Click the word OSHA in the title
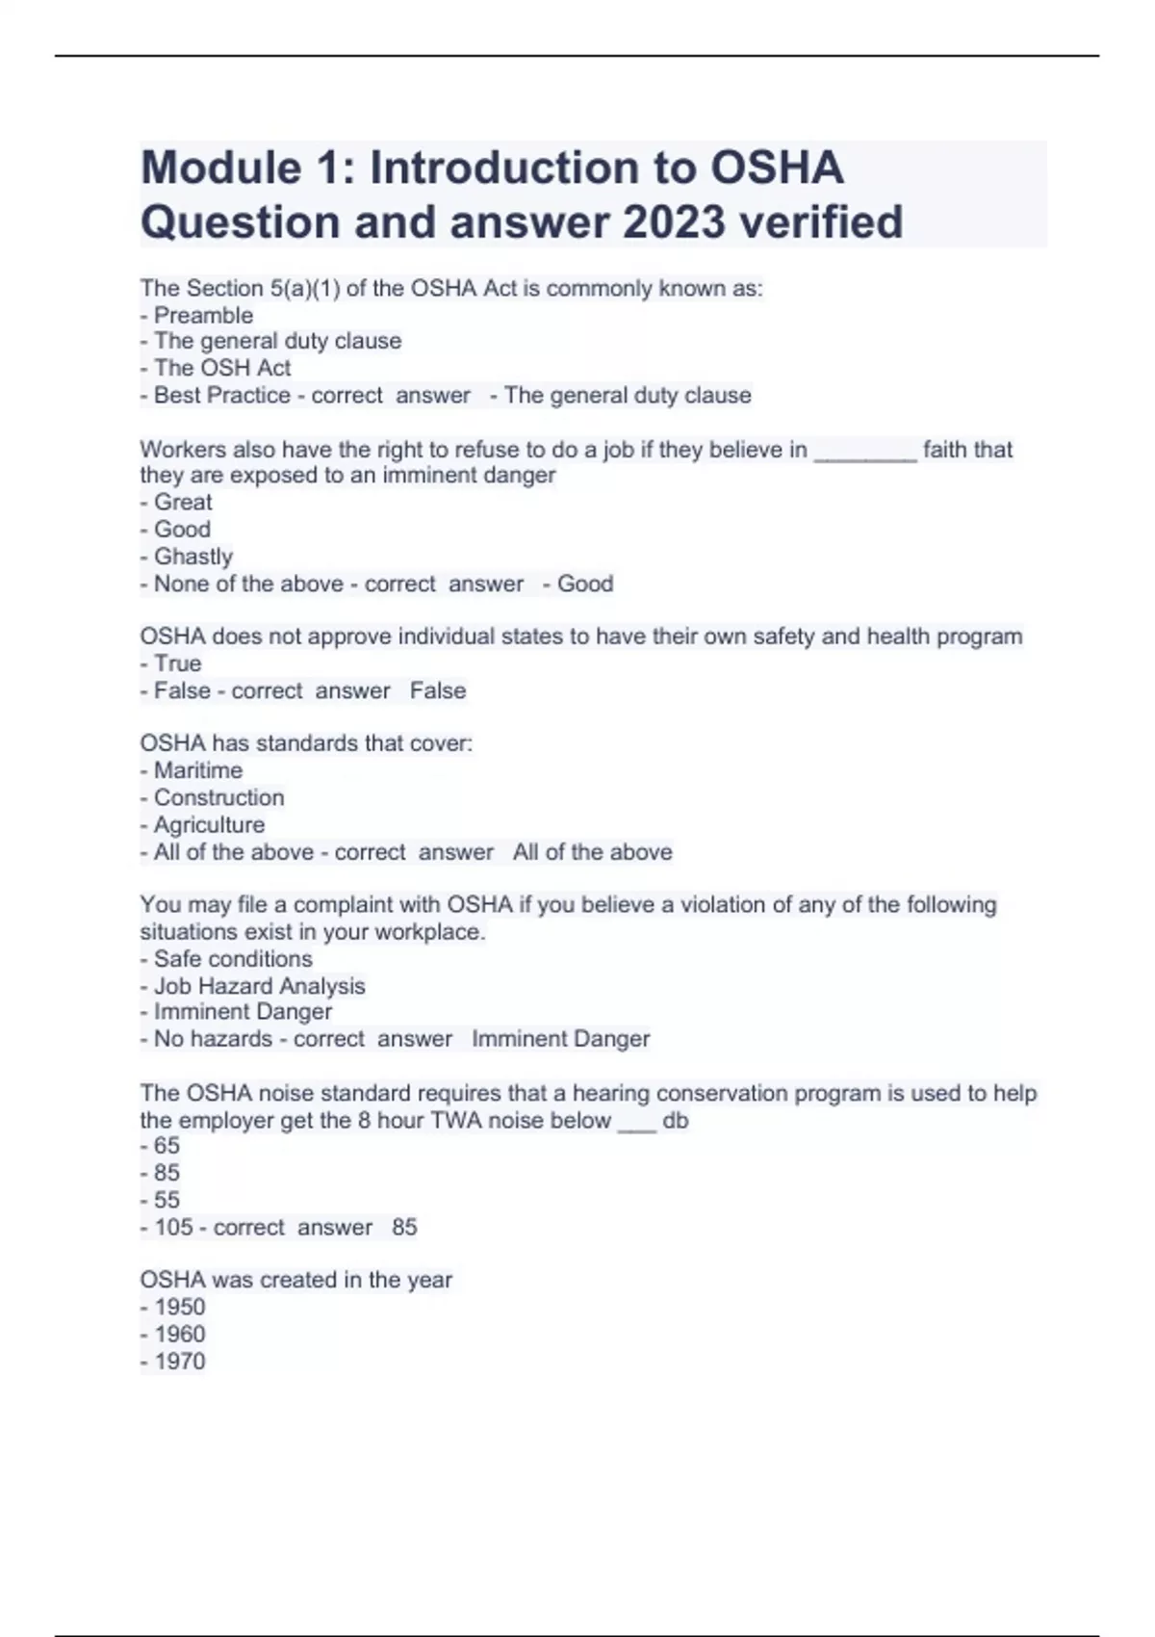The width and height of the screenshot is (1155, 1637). click(x=777, y=168)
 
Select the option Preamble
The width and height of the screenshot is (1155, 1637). click(x=203, y=315)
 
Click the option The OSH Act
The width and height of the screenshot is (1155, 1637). click(x=221, y=368)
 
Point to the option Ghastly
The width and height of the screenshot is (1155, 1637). click(x=192, y=557)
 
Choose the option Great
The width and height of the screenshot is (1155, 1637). click(x=183, y=502)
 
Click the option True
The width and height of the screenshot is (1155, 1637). click(x=177, y=663)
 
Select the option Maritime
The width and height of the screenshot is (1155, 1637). click(x=197, y=770)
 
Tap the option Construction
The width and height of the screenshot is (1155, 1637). click(x=218, y=797)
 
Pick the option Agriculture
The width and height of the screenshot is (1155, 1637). click(x=209, y=824)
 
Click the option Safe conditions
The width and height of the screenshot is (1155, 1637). click(x=233, y=959)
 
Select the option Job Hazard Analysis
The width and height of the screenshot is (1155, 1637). click(x=259, y=986)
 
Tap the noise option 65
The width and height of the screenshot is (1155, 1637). click(x=167, y=1146)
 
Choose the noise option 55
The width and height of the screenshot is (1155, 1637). click(x=167, y=1200)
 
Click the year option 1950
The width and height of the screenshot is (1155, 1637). click(x=179, y=1307)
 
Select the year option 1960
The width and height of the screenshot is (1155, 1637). click(x=179, y=1334)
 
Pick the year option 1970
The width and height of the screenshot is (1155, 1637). click(x=179, y=1361)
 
